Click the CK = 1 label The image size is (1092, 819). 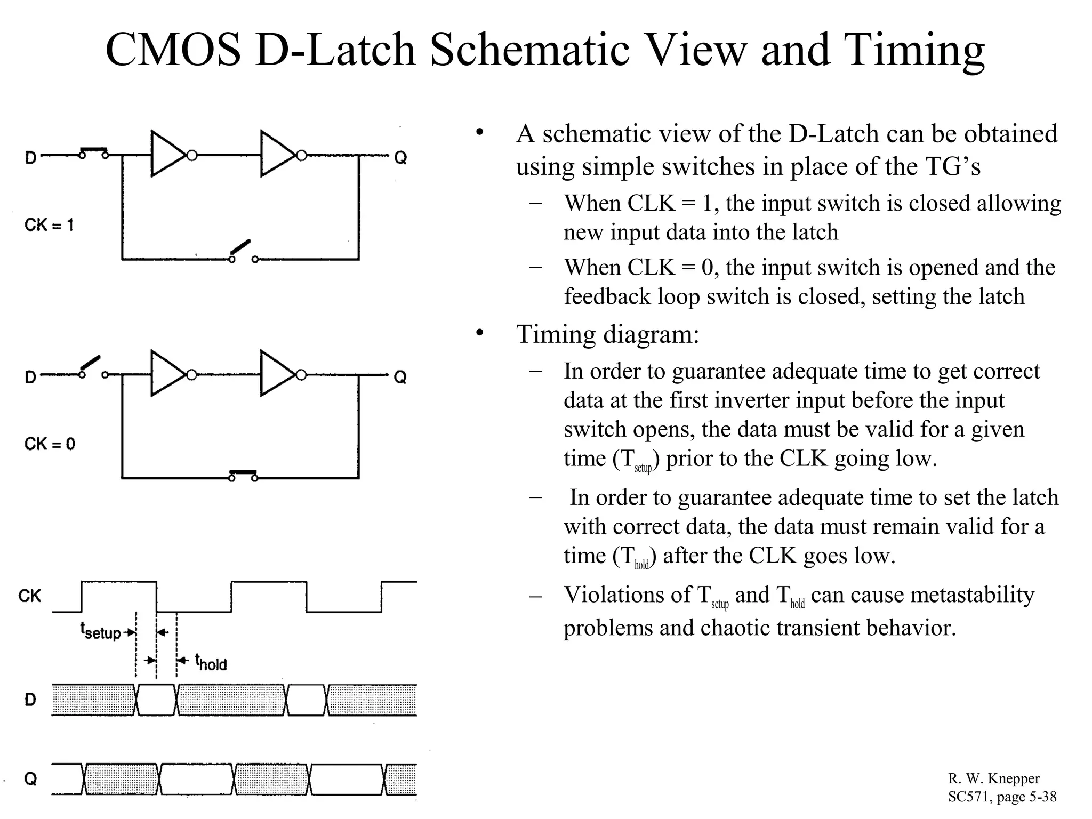pos(49,225)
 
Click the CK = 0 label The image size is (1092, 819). pos(50,444)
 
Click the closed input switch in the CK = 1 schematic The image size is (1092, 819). pos(94,153)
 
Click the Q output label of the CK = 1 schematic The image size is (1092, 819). pos(400,158)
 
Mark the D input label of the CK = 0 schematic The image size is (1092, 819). pos(31,378)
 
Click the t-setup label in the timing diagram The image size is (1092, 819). pos(101,632)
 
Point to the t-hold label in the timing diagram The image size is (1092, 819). pos(211,663)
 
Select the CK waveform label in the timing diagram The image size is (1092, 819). pos(29,596)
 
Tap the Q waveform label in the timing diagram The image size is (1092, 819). pos(31,779)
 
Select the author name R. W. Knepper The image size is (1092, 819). pos(993,779)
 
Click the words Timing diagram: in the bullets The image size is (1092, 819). pos(607,334)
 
